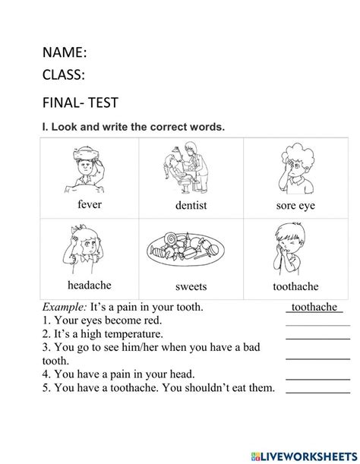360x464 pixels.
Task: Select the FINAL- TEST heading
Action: [80, 103]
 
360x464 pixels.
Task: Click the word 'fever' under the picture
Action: [89, 205]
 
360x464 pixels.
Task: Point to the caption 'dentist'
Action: [191, 206]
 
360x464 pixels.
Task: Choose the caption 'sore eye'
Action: [295, 206]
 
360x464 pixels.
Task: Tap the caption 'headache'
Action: [89, 285]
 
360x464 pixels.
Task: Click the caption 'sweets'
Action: [191, 286]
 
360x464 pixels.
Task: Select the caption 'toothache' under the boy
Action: [295, 286]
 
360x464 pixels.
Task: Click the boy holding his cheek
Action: [292, 248]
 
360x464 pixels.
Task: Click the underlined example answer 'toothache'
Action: [314, 307]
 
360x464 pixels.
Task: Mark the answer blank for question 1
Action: [317, 324]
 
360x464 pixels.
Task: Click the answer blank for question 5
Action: [317, 390]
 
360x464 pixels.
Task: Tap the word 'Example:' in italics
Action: [65, 307]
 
